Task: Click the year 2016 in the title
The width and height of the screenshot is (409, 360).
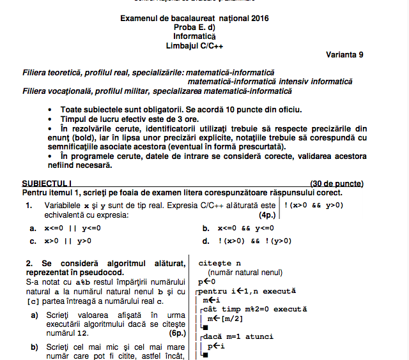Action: pos(259,19)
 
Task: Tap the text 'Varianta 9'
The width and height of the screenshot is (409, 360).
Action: pos(344,55)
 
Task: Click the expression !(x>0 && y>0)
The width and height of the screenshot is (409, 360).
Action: pos(314,206)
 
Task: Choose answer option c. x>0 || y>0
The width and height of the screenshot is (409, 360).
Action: pos(61,241)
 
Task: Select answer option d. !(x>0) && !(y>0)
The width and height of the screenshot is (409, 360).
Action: pos(242,241)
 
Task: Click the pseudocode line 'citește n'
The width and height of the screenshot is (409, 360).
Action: pos(219,263)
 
